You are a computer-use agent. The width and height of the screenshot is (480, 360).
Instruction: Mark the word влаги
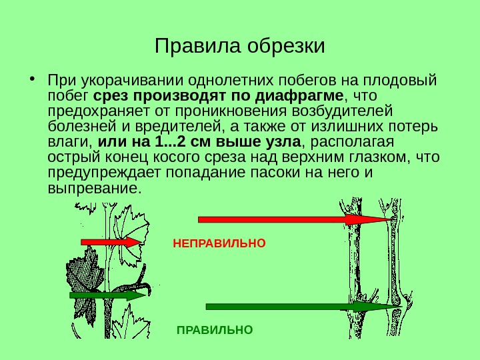coord(69,142)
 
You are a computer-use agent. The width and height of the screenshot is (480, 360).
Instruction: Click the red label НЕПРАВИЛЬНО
coord(219,243)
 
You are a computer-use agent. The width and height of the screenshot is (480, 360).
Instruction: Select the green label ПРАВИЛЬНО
coord(215,329)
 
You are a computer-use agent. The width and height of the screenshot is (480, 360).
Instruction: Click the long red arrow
coord(293,219)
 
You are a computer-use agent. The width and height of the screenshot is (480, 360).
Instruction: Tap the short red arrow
coord(112,242)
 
